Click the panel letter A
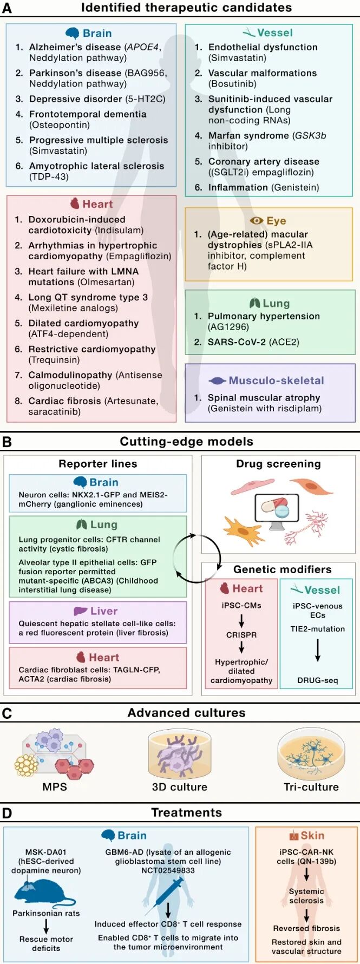[6, 8]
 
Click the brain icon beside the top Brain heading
[72, 33]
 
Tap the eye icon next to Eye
[257, 221]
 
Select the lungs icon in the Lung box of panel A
[254, 303]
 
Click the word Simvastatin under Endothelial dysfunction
[233, 58]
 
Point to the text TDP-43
[49, 176]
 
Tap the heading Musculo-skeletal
[276, 381]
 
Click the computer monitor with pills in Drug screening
[277, 511]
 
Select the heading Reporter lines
[98, 464]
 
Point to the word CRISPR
[241, 635]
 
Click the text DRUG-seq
[318, 680]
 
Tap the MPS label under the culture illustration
[55, 787]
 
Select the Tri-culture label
[311, 787]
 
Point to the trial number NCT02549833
[168, 870]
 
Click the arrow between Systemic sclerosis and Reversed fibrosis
[306, 915]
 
